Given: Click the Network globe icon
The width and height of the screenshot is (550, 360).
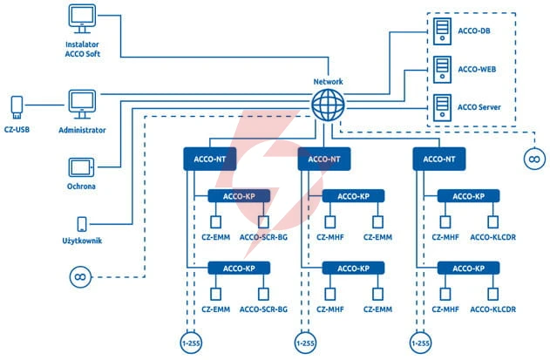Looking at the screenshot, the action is point(328,105).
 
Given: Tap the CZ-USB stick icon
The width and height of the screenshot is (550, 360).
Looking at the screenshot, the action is point(17,107).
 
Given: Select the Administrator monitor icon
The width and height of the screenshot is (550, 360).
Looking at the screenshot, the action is point(82,105).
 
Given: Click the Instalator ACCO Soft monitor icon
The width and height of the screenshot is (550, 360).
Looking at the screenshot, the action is point(82,18).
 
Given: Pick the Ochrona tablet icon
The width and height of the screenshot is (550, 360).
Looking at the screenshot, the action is point(81,167).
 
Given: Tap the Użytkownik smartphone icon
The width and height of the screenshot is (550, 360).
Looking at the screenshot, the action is point(82,224).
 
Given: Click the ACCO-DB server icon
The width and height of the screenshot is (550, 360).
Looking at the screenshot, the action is point(442,31).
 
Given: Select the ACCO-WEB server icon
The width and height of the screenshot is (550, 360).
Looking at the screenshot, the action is point(442,70).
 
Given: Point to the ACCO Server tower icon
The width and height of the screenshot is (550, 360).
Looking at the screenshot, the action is point(442,108).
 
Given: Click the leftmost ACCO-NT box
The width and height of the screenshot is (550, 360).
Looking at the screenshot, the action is point(210,159).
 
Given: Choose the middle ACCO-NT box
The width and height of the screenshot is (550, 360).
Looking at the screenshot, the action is point(324,159).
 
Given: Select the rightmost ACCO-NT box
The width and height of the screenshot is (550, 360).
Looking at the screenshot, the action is point(439,159).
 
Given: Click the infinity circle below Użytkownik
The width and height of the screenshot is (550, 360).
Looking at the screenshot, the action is point(80,277).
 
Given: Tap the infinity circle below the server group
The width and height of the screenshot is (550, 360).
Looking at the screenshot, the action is point(534,159).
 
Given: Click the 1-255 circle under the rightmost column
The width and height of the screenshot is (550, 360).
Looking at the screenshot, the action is point(421,343).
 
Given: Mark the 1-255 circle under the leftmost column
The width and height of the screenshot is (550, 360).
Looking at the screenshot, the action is point(191,343).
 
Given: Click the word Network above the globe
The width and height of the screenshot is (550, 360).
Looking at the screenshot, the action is point(328,82).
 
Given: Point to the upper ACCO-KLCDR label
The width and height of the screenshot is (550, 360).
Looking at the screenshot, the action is point(492,237).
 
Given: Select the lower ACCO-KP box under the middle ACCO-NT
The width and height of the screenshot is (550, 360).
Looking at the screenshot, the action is point(353,268).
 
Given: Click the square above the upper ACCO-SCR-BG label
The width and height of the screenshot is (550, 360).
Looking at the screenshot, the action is point(263,221).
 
